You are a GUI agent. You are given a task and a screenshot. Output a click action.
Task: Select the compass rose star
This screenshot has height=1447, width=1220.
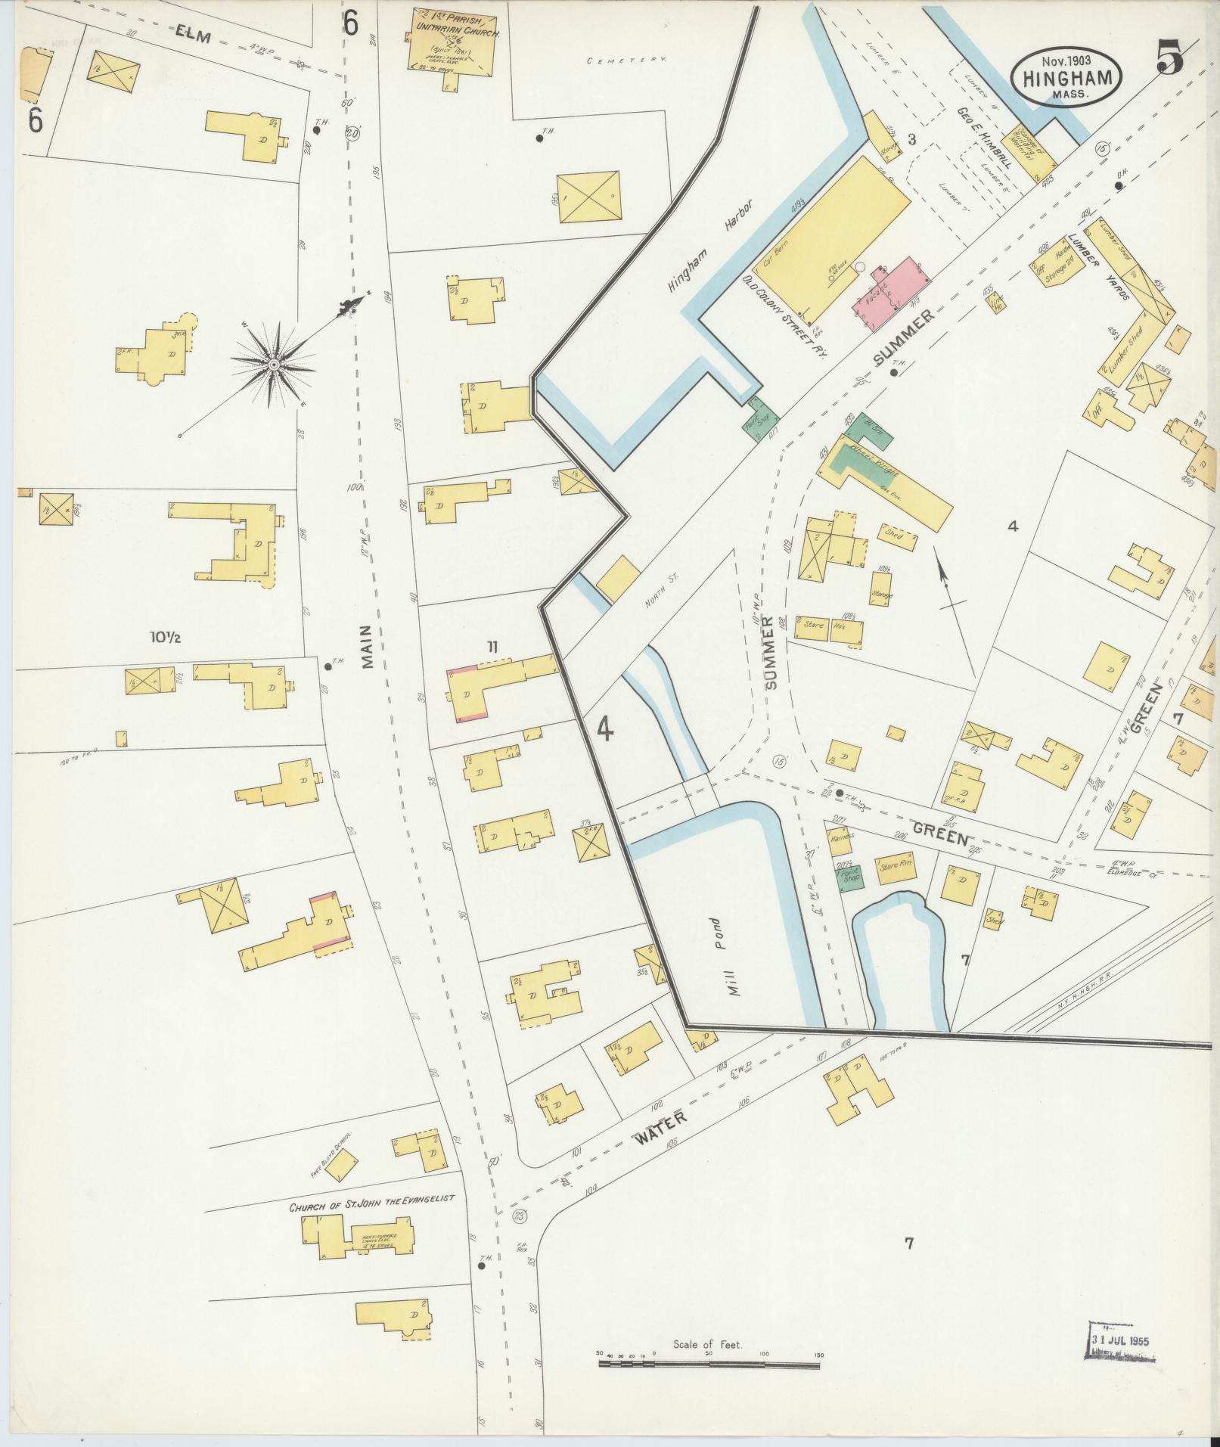click(x=273, y=365)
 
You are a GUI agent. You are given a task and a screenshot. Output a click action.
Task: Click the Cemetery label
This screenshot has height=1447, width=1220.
click(x=626, y=59)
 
